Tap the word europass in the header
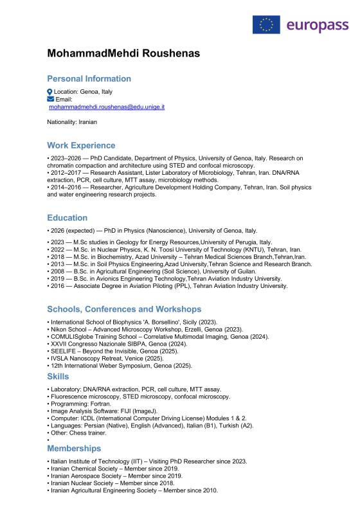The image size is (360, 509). (317, 25)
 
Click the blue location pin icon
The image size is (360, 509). (50, 92)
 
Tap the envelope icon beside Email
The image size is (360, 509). (51, 100)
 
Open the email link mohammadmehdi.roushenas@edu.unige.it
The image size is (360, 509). (107, 107)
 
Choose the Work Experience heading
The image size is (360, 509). (81, 145)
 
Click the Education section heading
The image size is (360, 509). (67, 218)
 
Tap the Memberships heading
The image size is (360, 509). (74, 448)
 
